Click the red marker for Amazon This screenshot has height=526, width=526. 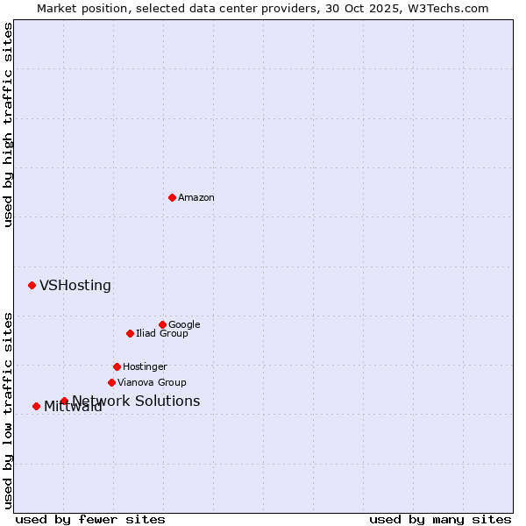click(x=172, y=197)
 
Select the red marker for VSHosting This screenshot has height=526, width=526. click(x=32, y=285)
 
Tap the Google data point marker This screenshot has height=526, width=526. click(x=162, y=324)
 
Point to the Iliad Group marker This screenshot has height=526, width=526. click(x=130, y=333)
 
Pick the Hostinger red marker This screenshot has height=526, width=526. click(x=117, y=366)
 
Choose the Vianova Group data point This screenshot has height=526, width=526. click(x=111, y=382)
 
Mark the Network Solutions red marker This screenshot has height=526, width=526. click(x=64, y=401)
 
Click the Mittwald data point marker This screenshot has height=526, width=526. click(x=36, y=406)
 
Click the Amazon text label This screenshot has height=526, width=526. click(x=196, y=198)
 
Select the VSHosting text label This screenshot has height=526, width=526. click(x=75, y=286)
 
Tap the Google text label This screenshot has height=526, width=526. click(x=184, y=325)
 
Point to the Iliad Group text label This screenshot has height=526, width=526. click(x=162, y=334)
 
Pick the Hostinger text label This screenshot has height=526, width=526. click(x=145, y=367)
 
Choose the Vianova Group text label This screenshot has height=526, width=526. click(x=152, y=383)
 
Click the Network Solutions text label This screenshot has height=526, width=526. click(x=136, y=402)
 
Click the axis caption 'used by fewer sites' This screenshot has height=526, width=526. click(x=90, y=519)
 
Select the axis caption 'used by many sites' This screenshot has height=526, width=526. click(x=440, y=519)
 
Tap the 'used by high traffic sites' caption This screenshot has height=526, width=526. click(x=8, y=124)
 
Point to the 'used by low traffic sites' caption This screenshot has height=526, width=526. click(x=8, y=409)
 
